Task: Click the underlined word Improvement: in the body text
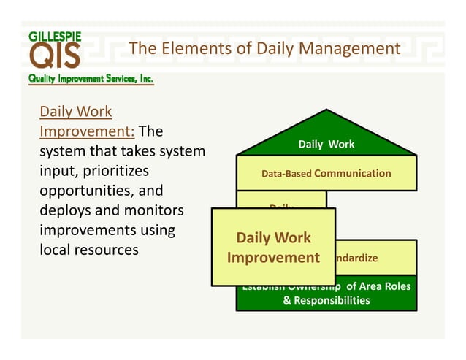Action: click(x=86, y=132)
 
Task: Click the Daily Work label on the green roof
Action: click(x=326, y=145)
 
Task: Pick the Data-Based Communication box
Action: click(x=326, y=174)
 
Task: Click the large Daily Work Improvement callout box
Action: click(x=273, y=248)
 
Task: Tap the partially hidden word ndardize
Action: click(x=357, y=258)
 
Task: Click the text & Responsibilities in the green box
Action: click(x=326, y=300)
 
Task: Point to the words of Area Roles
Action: click(x=378, y=286)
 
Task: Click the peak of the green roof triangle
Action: click(x=326, y=111)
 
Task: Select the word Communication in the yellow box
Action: click(x=353, y=174)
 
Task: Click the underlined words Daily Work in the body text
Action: click(x=75, y=112)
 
